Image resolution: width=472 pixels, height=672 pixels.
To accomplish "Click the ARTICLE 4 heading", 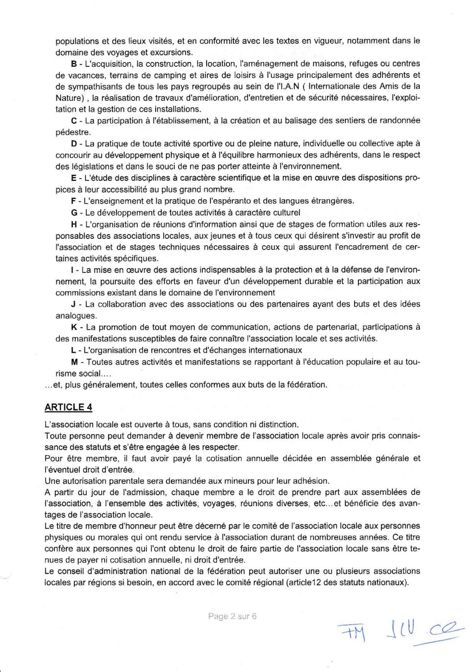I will (x=68, y=407).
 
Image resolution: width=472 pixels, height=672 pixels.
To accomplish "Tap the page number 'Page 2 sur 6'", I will (x=233, y=616).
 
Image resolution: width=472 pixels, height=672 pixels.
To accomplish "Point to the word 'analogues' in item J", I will (x=70, y=316).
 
